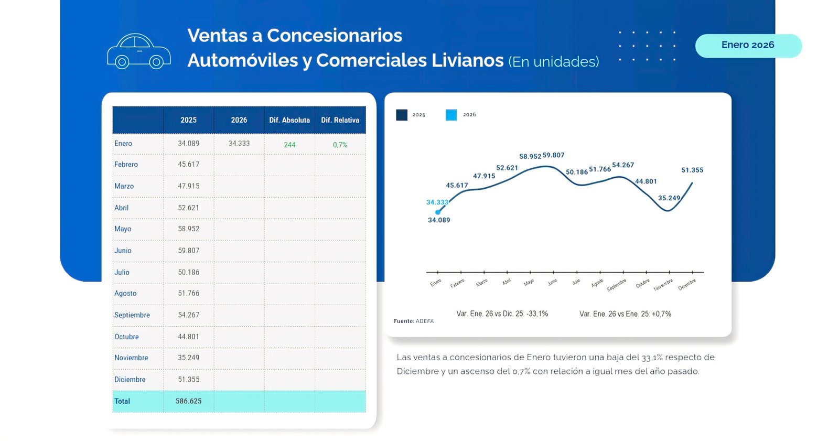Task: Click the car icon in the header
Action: click(139, 51)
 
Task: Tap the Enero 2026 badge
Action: click(748, 46)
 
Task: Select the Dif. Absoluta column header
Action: click(289, 120)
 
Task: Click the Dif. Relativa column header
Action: click(340, 120)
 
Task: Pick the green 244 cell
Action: click(289, 145)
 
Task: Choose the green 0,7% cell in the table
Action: click(340, 145)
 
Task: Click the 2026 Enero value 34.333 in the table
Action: click(239, 143)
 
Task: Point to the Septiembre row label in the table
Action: click(132, 315)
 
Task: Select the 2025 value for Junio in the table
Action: click(189, 251)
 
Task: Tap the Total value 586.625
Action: click(189, 401)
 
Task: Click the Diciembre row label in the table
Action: click(130, 380)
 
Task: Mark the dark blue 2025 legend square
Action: click(402, 115)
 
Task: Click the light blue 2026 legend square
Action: click(451, 115)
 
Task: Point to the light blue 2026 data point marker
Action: click(438, 212)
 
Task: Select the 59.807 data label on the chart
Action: click(554, 155)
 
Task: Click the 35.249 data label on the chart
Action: click(669, 198)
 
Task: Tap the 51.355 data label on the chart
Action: click(692, 170)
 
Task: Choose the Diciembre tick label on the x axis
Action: click(687, 285)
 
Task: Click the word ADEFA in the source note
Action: click(425, 321)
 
